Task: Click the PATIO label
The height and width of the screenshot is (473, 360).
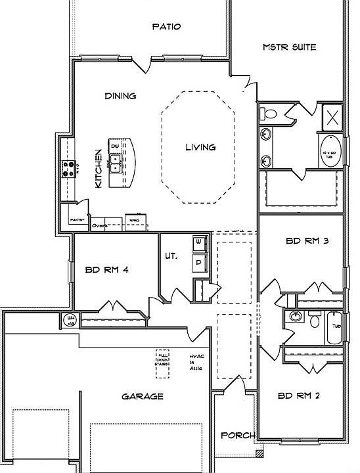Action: [x=166, y=27]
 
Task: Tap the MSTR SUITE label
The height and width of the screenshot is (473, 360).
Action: [x=289, y=47]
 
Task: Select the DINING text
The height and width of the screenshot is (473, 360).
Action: [x=120, y=96]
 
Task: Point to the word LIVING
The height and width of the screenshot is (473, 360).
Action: [x=200, y=147]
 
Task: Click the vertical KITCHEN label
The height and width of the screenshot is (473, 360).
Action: [x=99, y=169]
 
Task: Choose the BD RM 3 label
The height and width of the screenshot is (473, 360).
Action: [x=307, y=241]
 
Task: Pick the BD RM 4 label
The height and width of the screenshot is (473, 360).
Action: [x=106, y=269]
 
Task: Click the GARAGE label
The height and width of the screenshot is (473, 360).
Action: [x=142, y=397]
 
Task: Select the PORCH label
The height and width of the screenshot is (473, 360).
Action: [x=233, y=435]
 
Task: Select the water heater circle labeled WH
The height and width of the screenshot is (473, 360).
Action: [x=70, y=320]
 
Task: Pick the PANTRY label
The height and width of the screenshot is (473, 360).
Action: [x=70, y=221]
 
